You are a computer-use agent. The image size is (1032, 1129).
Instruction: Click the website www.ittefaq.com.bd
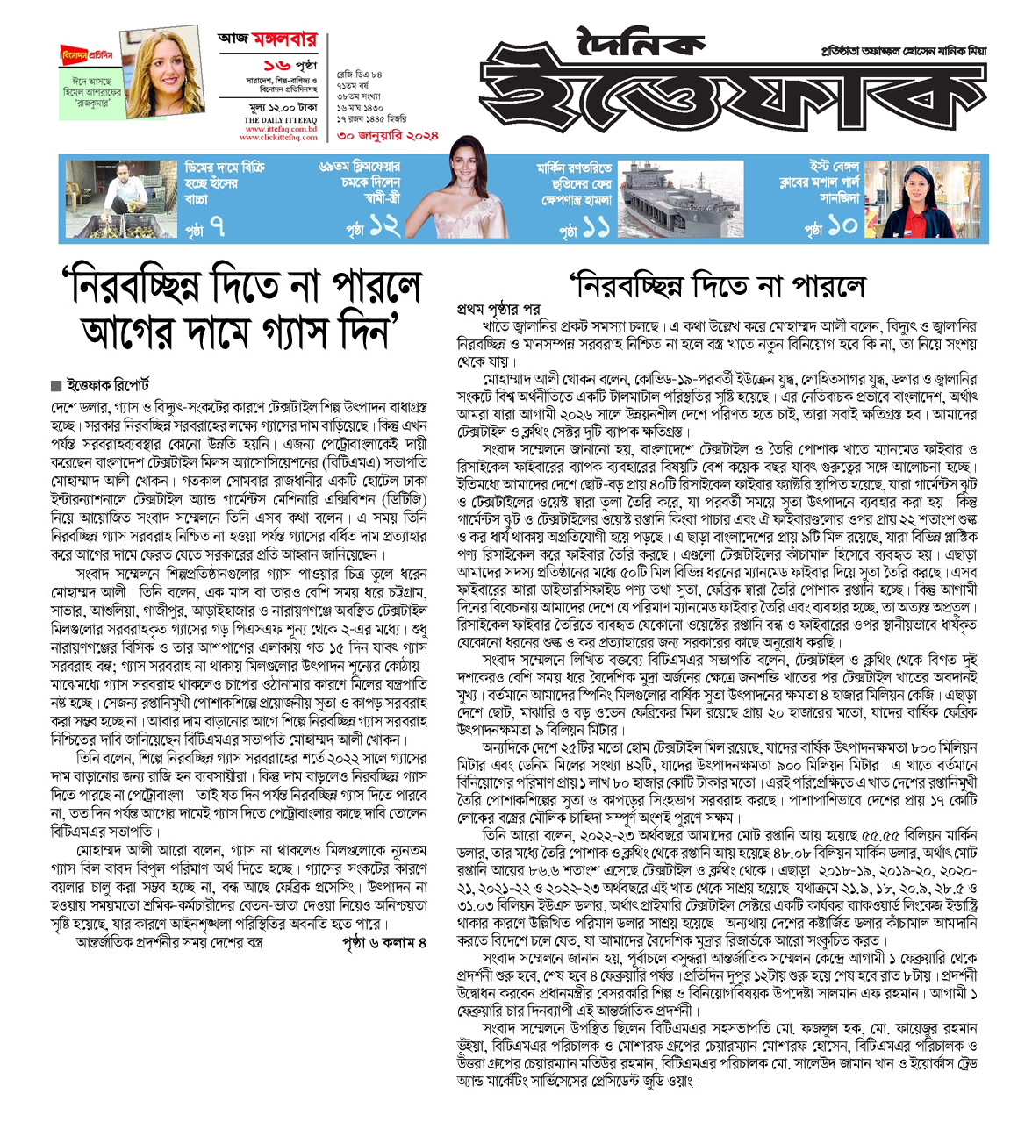tap(280, 129)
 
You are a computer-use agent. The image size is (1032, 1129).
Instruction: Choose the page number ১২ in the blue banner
tap(384, 227)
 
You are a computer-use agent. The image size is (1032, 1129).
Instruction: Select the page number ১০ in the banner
tap(842, 226)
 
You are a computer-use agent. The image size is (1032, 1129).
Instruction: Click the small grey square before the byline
tap(56, 386)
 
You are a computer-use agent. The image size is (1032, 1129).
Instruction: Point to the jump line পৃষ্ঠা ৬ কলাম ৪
tap(383, 942)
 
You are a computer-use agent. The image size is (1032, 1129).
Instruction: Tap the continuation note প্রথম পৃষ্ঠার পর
tap(498, 309)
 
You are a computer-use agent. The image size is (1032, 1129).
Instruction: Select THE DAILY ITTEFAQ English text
tap(280, 119)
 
